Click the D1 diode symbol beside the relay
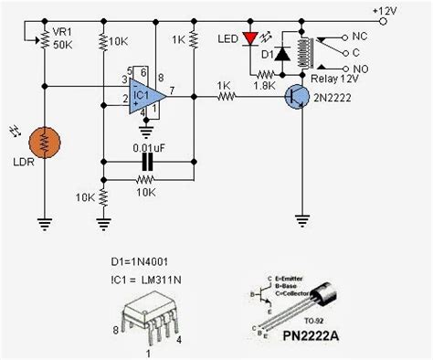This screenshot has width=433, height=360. pos(283,54)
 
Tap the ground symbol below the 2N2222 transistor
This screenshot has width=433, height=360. pos(302,219)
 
